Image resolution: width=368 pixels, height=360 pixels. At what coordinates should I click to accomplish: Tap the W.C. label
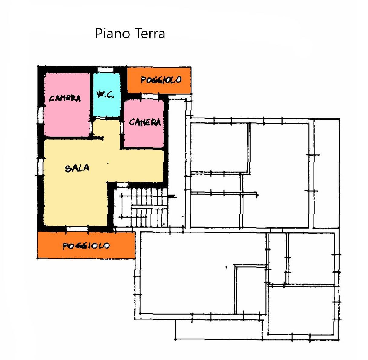click(x=105, y=94)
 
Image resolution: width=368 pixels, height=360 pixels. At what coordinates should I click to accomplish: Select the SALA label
click(x=77, y=168)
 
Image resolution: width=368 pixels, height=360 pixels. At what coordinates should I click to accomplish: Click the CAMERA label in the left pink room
click(x=65, y=98)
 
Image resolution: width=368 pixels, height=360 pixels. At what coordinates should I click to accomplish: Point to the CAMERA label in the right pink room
click(x=145, y=122)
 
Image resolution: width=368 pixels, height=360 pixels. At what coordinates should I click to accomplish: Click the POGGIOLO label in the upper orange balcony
click(x=161, y=80)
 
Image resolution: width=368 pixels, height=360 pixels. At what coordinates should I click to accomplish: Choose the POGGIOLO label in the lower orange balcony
click(x=86, y=246)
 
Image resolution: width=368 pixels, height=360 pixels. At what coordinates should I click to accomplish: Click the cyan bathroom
click(x=107, y=95)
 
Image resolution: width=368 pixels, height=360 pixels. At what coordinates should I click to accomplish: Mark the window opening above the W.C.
click(x=105, y=69)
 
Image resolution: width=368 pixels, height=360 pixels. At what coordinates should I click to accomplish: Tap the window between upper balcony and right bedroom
click(x=150, y=96)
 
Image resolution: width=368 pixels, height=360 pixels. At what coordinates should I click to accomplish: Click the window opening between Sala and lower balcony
click(x=77, y=229)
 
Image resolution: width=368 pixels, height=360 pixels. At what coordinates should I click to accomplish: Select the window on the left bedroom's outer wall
click(x=41, y=115)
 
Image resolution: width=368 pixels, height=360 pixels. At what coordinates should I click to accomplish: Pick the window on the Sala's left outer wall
click(x=40, y=167)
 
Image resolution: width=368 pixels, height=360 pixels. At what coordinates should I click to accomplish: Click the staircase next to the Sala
click(x=141, y=207)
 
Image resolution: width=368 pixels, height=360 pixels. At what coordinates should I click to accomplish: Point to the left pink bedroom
click(x=67, y=104)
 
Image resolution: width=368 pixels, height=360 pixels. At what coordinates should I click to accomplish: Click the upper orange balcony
click(x=159, y=80)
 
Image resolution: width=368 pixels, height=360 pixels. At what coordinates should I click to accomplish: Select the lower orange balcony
click(x=86, y=245)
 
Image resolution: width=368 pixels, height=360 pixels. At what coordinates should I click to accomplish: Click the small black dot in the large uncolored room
click(x=226, y=267)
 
